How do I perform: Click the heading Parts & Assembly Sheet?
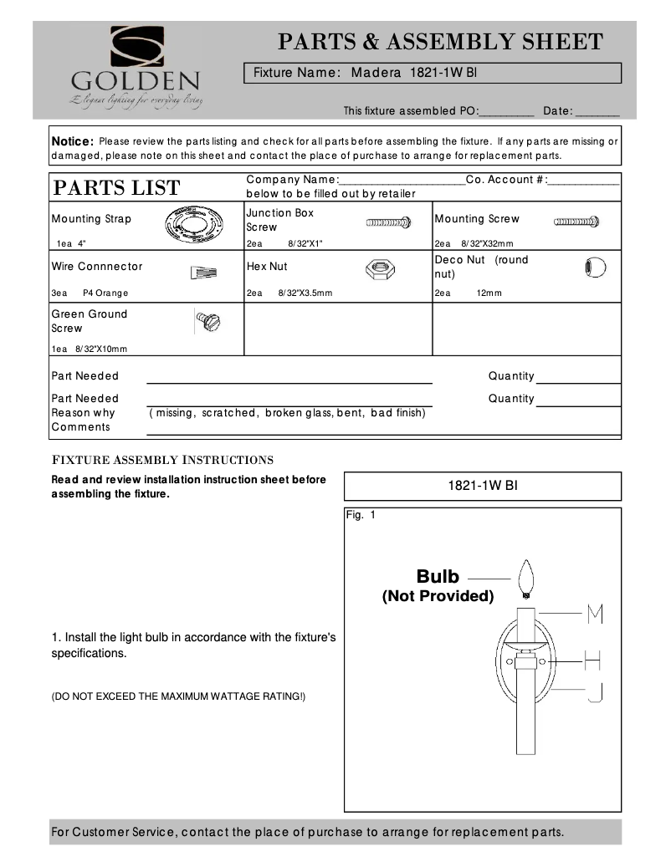(x=440, y=42)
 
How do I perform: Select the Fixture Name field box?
(x=433, y=73)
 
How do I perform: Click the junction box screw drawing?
(x=388, y=222)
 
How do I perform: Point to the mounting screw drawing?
(x=576, y=222)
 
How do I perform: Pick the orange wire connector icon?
(x=203, y=272)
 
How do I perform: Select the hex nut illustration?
(x=381, y=268)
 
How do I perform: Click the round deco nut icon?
(x=593, y=268)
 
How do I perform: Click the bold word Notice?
(x=73, y=141)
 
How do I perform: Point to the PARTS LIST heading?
(x=117, y=188)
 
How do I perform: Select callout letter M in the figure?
(x=595, y=614)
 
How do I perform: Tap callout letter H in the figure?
(x=592, y=661)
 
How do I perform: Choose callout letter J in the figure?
(x=594, y=691)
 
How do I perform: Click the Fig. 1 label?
(x=361, y=515)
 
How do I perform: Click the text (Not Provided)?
(x=438, y=596)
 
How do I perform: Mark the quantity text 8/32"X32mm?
(x=487, y=244)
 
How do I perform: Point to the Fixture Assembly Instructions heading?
(x=163, y=460)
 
